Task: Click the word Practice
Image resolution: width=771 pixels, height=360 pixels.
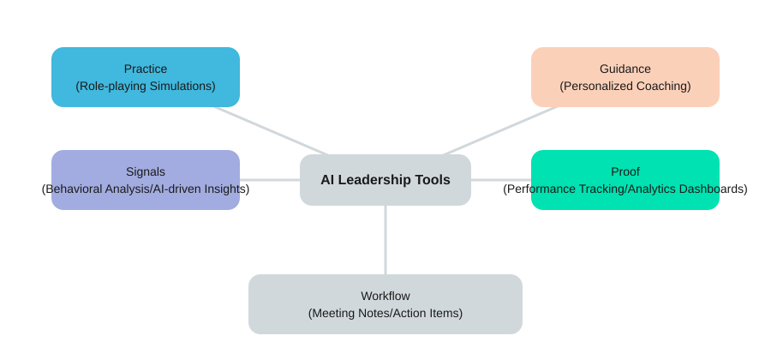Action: (146, 69)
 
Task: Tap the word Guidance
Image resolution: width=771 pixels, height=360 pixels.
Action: (625, 69)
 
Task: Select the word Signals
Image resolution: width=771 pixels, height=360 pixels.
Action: (146, 171)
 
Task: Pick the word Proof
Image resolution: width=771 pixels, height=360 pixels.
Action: (625, 171)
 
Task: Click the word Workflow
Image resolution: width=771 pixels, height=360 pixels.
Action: (385, 296)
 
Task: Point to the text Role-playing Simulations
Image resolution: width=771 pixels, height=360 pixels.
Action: (146, 86)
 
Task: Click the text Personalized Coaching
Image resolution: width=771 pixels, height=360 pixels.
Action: (625, 86)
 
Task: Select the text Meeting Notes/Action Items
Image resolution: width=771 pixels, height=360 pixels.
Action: (385, 313)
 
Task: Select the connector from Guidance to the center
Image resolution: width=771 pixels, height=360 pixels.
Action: (501, 130)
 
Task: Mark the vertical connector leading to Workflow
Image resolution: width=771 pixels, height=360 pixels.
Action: (385, 240)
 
